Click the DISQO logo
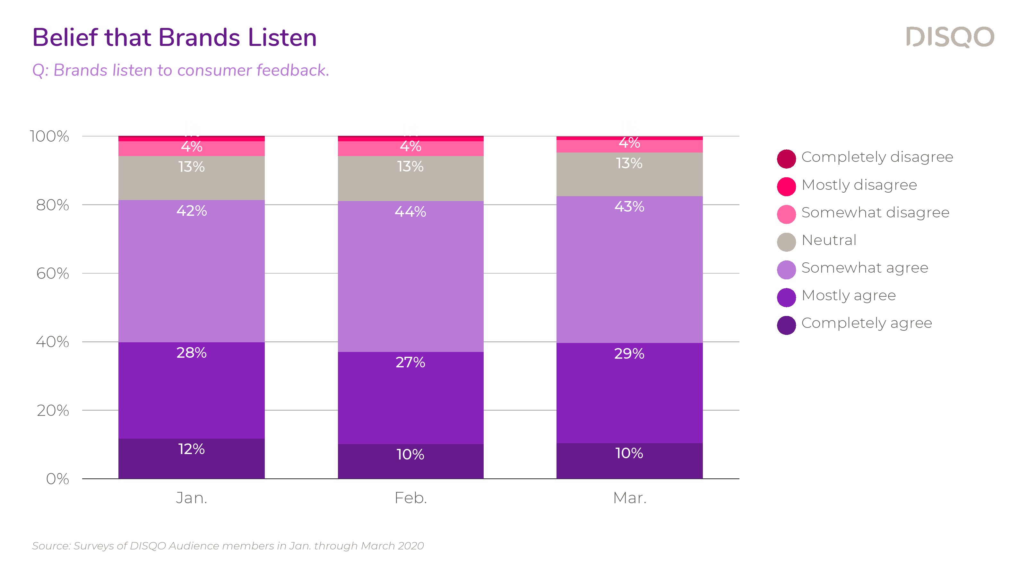click(x=950, y=37)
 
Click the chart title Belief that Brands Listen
click(x=174, y=38)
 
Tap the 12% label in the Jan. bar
click(x=191, y=449)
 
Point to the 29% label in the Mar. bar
click(x=629, y=354)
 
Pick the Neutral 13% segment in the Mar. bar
click(x=629, y=174)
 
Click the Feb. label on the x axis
click(x=411, y=498)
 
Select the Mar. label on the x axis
click(x=629, y=498)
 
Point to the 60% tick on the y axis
click(x=53, y=274)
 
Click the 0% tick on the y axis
click(x=57, y=479)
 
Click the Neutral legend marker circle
click(x=786, y=242)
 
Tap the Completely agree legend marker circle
click(x=786, y=325)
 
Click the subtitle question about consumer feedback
click(x=181, y=70)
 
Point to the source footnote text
click(x=228, y=546)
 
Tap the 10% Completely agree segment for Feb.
click(x=411, y=461)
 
